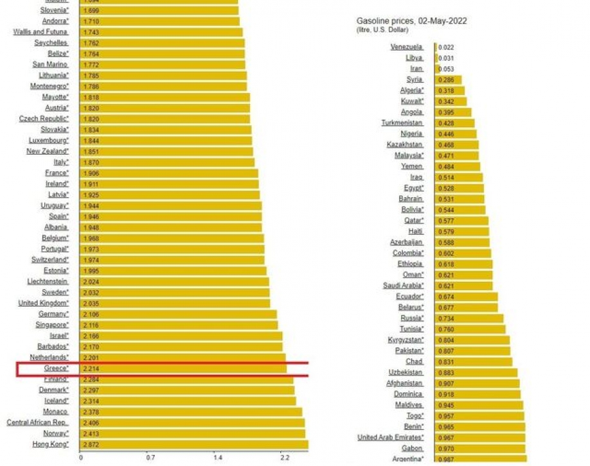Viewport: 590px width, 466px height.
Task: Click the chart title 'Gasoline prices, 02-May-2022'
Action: tap(420, 21)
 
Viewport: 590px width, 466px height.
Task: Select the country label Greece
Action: tap(56, 368)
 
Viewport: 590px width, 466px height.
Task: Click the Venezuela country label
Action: tap(407, 47)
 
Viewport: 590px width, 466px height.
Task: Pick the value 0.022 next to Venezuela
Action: tap(446, 47)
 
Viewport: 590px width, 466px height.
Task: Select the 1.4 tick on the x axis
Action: tap(218, 458)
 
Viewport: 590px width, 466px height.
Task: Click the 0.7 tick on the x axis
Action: tap(150, 458)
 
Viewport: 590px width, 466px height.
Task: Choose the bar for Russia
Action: tap(469, 318)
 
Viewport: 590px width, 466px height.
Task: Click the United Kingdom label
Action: tap(43, 303)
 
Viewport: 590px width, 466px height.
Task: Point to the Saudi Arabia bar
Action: tap(463, 285)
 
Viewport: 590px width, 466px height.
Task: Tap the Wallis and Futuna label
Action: tap(41, 32)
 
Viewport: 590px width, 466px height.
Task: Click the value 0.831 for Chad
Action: tap(446, 361)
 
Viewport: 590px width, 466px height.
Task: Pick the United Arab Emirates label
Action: tap(391, 438)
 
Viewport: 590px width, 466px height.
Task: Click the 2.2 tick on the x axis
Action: tap(285, 458)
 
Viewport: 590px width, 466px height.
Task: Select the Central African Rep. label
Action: tap(37, 423)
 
